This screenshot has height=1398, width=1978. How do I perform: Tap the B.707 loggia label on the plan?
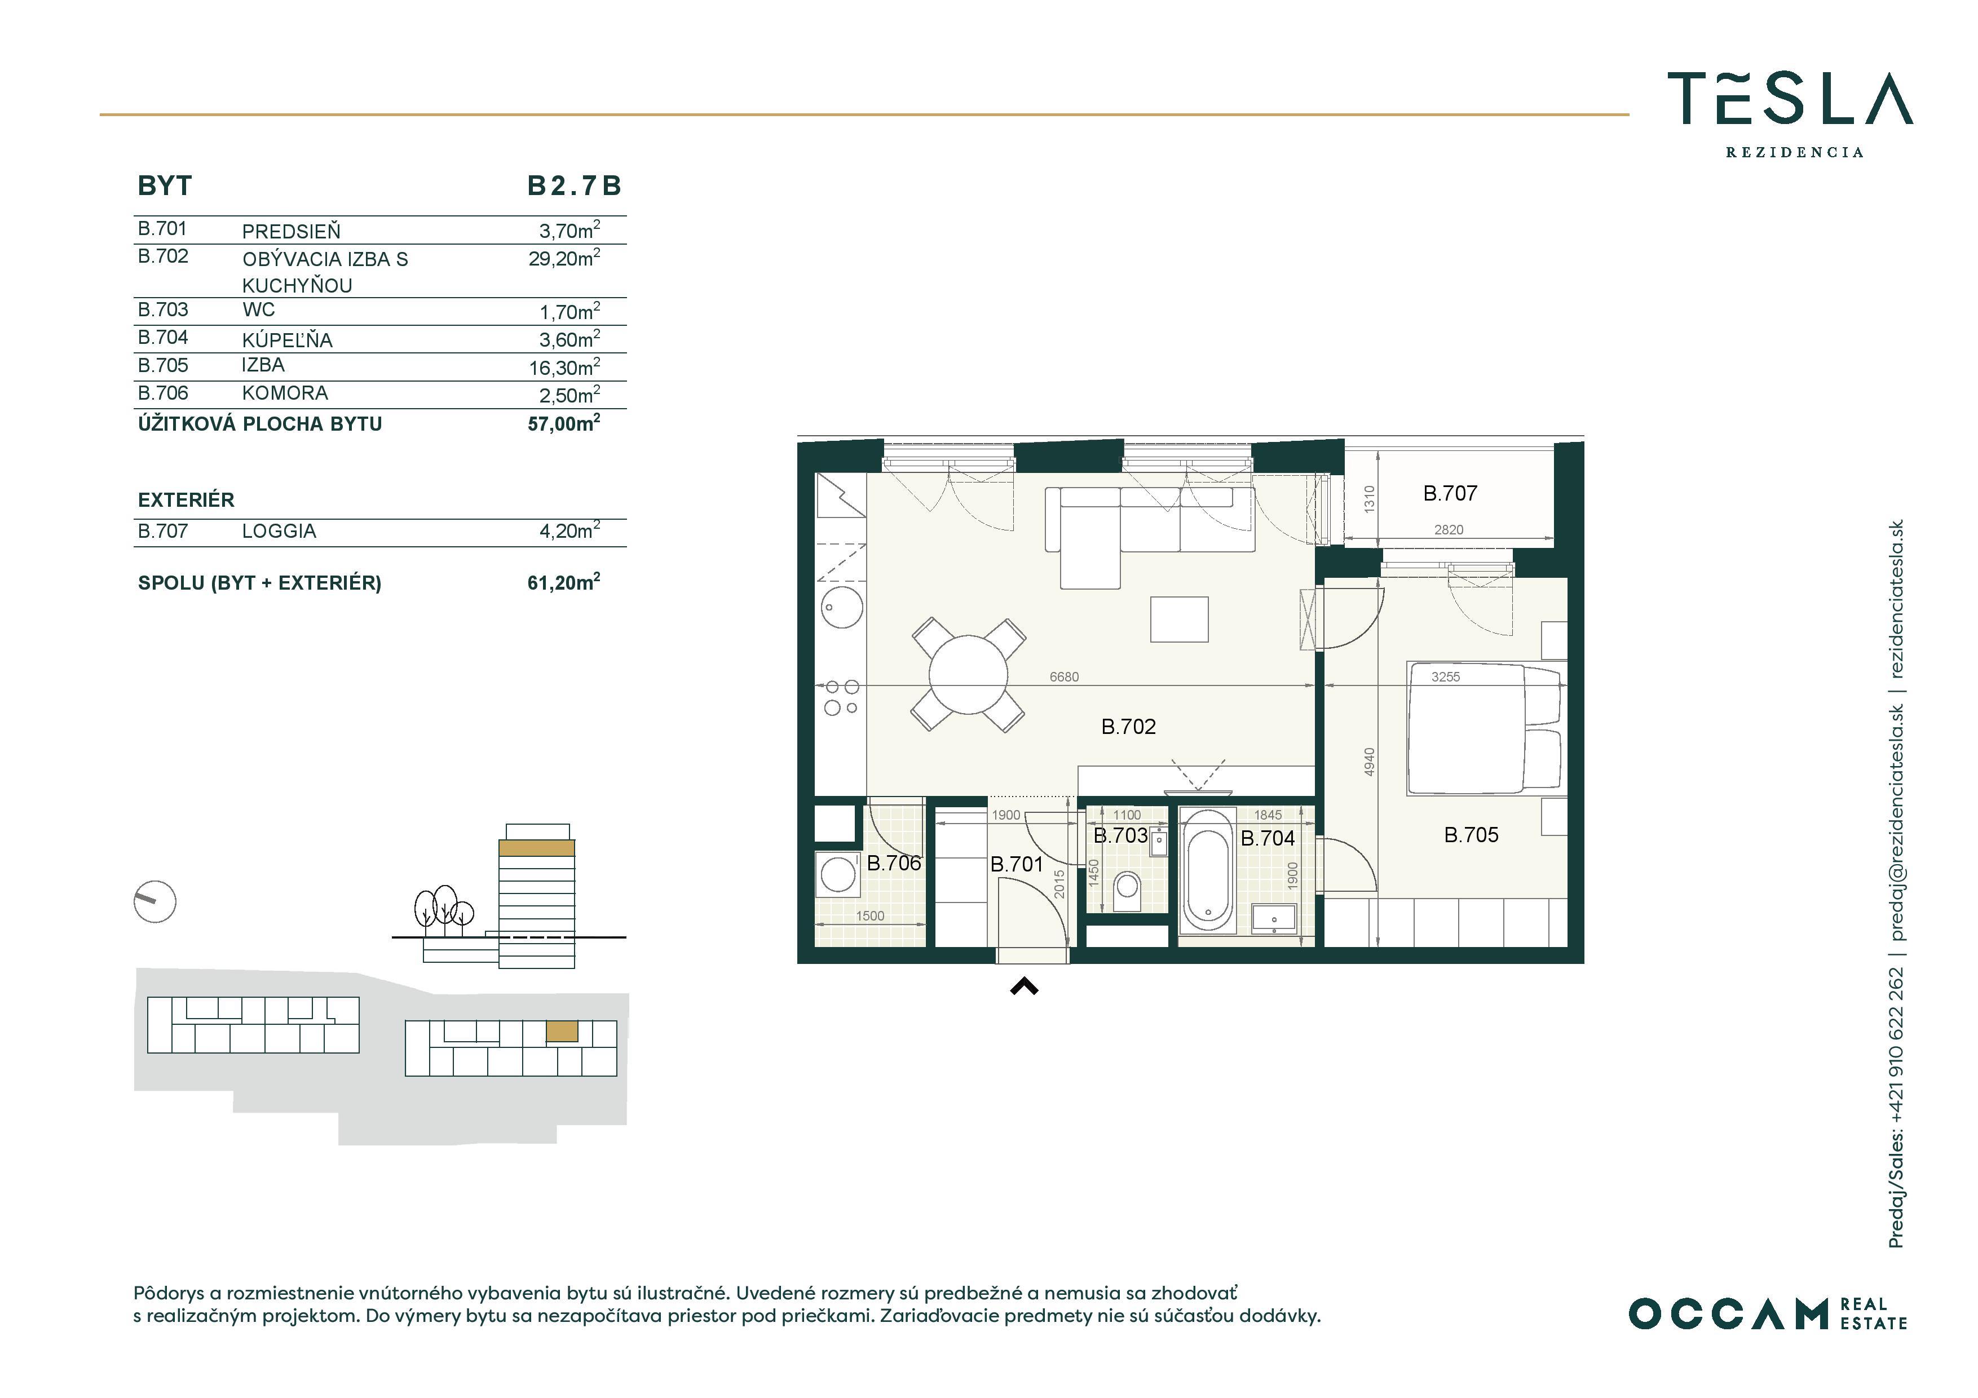click(1450, 494)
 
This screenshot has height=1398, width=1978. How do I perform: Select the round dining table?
click(968, 674)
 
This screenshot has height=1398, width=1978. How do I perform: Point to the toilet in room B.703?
click(1127, 890)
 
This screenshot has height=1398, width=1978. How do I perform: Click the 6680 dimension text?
click(1064, 677)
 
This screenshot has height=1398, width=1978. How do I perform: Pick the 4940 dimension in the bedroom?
click(1370, 762)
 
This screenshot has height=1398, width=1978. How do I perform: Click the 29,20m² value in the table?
click(564, 258)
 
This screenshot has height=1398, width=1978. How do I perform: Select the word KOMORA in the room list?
click(285, 393)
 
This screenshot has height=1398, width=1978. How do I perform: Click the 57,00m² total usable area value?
click(564, 423)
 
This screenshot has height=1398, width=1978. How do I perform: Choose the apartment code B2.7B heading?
click(575, 185)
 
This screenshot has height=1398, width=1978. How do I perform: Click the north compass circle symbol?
click(155, 902)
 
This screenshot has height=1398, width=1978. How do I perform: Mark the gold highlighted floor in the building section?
click(537, 848)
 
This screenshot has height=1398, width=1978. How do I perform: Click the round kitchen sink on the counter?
click(839, 607)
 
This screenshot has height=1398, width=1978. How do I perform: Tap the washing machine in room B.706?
click(837, 875)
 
